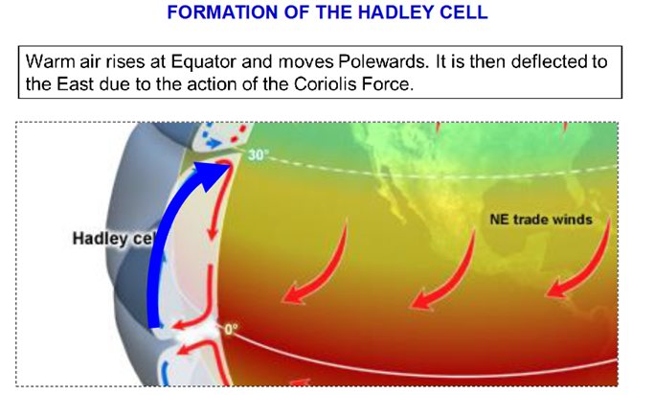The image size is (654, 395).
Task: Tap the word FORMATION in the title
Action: tap(223, 12)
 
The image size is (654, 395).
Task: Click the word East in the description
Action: tap(75, 84)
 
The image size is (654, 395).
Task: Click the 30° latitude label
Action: tap(259, 155)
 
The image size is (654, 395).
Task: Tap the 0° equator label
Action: tap(231, 330)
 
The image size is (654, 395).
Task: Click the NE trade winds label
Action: tap(541, 220)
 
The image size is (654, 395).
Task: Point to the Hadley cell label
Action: tap(113, 239)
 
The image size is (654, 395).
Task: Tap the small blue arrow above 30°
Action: tap(214, 144)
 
